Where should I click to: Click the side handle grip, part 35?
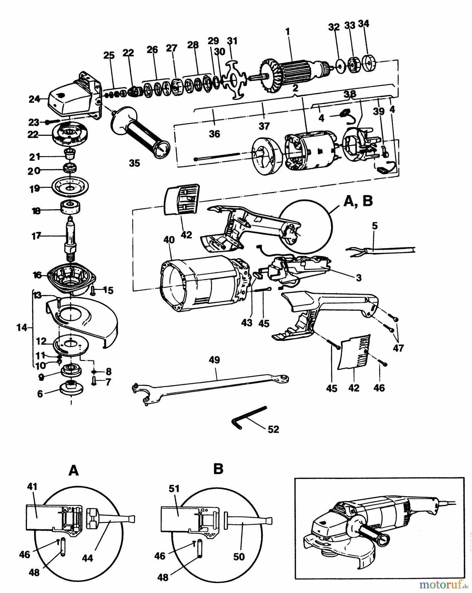point(140,130)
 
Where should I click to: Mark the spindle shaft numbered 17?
point(70,237)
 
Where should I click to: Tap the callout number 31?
point(232,41)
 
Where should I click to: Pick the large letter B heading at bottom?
point(218,469)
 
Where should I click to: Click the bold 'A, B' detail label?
point(358,201)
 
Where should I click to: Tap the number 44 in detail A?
point(88,558)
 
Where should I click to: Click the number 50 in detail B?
point(239,556)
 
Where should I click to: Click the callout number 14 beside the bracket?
point(22,327)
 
